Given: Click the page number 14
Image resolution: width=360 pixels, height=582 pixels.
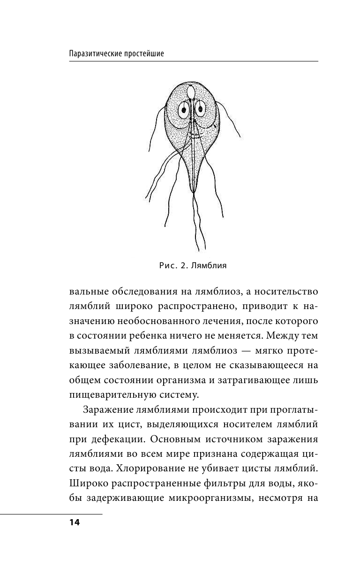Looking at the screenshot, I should [74, 522].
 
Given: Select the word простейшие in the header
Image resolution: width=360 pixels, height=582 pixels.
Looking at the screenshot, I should [143, 53].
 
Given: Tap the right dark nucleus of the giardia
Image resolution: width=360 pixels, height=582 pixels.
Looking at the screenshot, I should [200, 110].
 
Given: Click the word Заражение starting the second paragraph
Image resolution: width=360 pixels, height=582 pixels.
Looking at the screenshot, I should [105, 409].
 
